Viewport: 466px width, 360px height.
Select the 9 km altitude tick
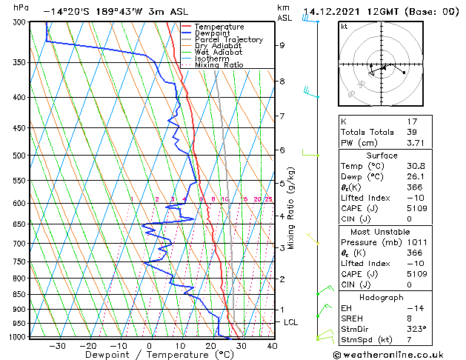tap(282, 45)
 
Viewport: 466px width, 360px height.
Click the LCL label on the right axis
tap(291, 323)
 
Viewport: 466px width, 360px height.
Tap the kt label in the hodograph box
tap(344, 26)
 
